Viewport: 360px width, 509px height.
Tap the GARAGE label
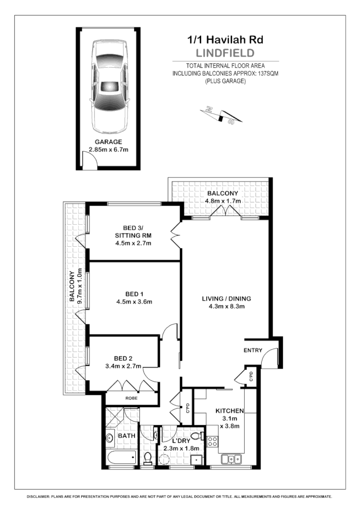pyautogui.click(x=108, y=142)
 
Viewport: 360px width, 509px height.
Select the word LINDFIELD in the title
pyautogui.click(x=226, y=52)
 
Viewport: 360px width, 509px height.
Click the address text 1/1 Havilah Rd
pyautogui.click(x=226, y=40)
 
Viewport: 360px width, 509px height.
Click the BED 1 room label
pyautogui.click(x=134, y=294)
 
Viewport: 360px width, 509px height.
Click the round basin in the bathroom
pyautogui.click(x=110, y=439)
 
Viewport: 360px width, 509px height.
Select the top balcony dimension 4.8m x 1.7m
pyautogui.click(x=223, y=201)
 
